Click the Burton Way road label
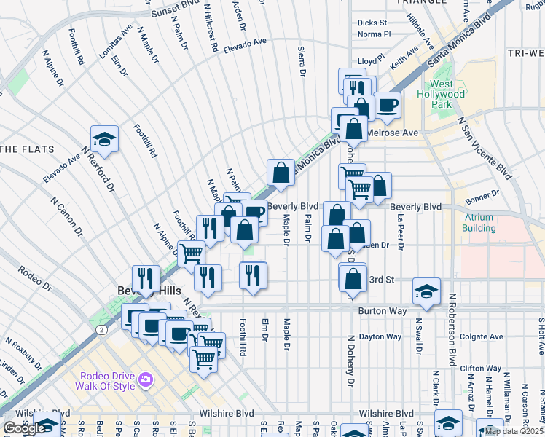[380, 310]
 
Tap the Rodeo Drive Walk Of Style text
[108, 381]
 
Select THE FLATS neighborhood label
[28, 149]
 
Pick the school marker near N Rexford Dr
[105, 140]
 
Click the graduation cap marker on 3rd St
[427, 291]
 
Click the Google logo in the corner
[24, 428]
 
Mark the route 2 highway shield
[100, 330]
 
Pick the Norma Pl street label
[375, 34]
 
